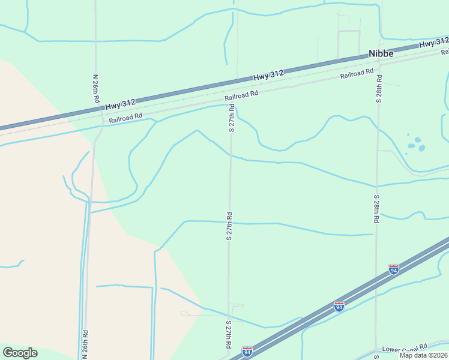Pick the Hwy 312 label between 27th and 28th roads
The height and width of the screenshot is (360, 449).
(x=268, y=74)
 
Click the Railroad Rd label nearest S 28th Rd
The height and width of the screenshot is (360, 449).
(x=360, y=74)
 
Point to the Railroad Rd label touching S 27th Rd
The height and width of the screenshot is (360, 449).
(x=241, y=95)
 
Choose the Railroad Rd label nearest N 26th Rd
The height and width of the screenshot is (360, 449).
(x=125, y=118)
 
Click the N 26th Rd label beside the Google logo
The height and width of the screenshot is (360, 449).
(x=85, y=344)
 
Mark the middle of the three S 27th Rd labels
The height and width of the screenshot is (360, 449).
(x=229, y=226)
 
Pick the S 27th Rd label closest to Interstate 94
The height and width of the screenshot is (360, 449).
(x=229, y=335)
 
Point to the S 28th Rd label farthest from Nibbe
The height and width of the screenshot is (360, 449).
(x=376, y=209)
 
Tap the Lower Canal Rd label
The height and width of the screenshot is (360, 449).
(x=405, y=347)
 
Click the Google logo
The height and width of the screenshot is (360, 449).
(x=20, y=353)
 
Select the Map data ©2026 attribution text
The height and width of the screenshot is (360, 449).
(x=424, y=355)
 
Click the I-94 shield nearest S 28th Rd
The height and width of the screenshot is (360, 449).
(x=393, y=269)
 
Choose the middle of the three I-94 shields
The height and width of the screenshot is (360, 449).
(x=339, y=306)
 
